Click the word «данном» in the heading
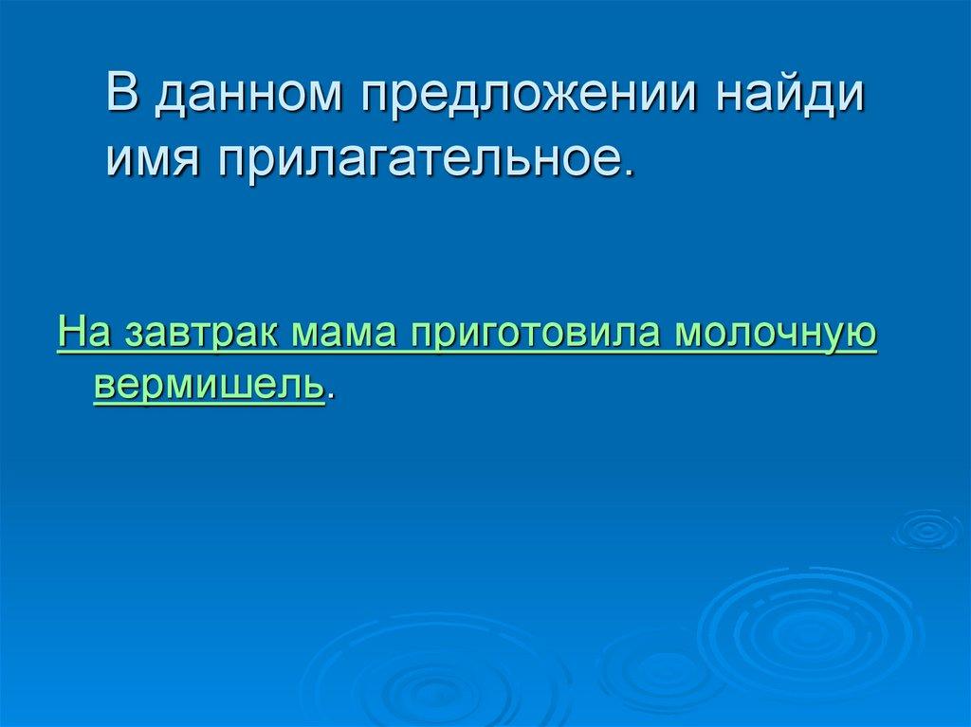[x=247, y=99]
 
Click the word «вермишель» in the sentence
[x=209, y=385]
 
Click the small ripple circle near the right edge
[x=926, y=531]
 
